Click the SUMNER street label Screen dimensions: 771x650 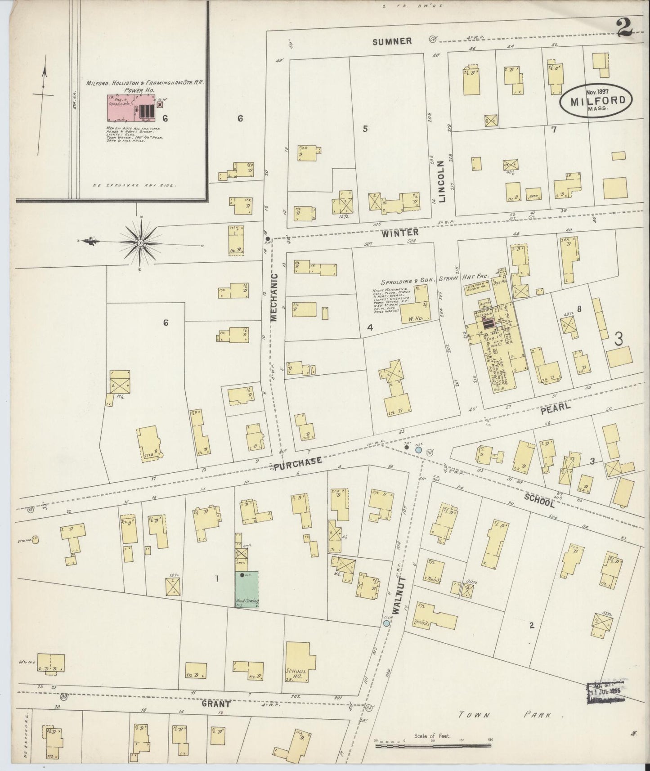click(x=392, y=41)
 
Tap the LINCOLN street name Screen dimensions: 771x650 click(x=442, y=181)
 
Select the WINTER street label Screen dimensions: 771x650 click(x=400, y=233)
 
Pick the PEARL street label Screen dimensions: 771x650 click(x=556, y=408)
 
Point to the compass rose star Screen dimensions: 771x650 click(x=141, y=242)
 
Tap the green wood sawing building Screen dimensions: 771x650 click(x=247, y=589)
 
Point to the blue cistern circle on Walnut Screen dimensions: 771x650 click(x=386, y=623)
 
